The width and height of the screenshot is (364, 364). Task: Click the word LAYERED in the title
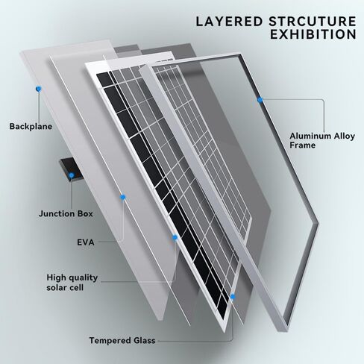tap(229, 22)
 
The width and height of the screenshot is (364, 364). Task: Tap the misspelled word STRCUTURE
tap(313, 22)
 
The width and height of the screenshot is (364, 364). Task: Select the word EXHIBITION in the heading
tap(313, 34)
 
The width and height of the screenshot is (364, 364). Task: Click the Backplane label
tap(31, 126)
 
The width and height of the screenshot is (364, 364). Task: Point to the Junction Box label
tap(66, 213)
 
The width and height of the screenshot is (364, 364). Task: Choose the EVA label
tap(86, 242)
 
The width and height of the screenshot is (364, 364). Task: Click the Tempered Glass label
tap(122, 340)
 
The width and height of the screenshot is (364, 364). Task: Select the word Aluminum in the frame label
tap(310, 136)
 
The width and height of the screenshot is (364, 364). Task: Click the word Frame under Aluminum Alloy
tap(302, 145)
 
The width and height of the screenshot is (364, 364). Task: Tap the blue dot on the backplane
tap(39, 89)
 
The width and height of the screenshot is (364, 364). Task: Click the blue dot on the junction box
tap(72, 175)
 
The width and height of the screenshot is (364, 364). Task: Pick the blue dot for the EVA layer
tap(122, 197)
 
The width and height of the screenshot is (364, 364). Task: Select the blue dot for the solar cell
tap(175, 237)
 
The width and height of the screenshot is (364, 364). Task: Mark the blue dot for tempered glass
tap(233, 296)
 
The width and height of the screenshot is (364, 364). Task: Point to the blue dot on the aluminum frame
tap(260, 100)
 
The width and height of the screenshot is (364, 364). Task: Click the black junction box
tap(71, 169)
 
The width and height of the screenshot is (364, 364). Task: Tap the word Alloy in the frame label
tap(344, 136)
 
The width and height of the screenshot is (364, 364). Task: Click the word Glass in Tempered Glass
tap(144, 340)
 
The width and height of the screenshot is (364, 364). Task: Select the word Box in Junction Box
tap(85, 213)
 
